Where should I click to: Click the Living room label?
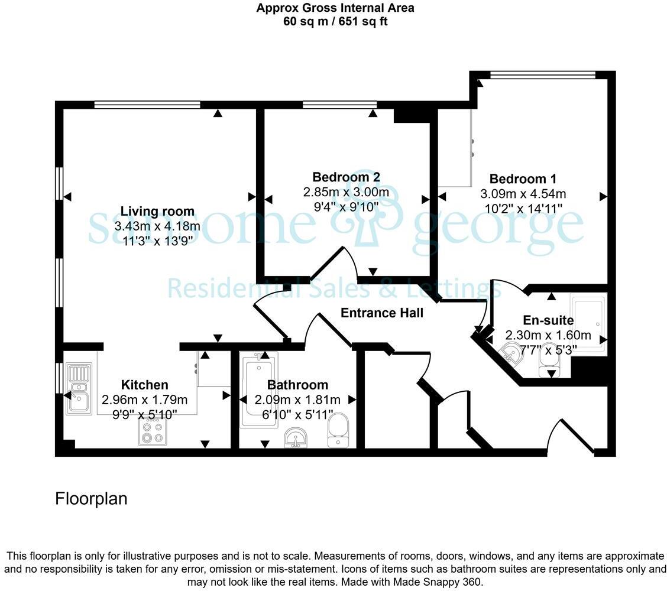coord(157,212)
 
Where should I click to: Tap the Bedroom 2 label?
coord(346,177)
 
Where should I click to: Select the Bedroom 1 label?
coord(523,179)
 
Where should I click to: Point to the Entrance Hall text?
coord(382,313)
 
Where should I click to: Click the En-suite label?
coord(539,321)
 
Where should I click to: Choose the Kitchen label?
coord(144,385)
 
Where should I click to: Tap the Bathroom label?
coord(297,385)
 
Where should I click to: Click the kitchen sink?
coord(79,388)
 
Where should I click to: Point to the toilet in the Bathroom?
coord(338,431)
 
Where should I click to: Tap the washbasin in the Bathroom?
coord(296,438)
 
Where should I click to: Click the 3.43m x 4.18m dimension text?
coord(157,226)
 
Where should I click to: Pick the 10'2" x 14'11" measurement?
coord(523,208)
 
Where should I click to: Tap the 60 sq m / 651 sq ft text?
coord(335,22)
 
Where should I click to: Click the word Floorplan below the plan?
coord(91,499)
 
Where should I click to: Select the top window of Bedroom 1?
coord(543,75)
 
